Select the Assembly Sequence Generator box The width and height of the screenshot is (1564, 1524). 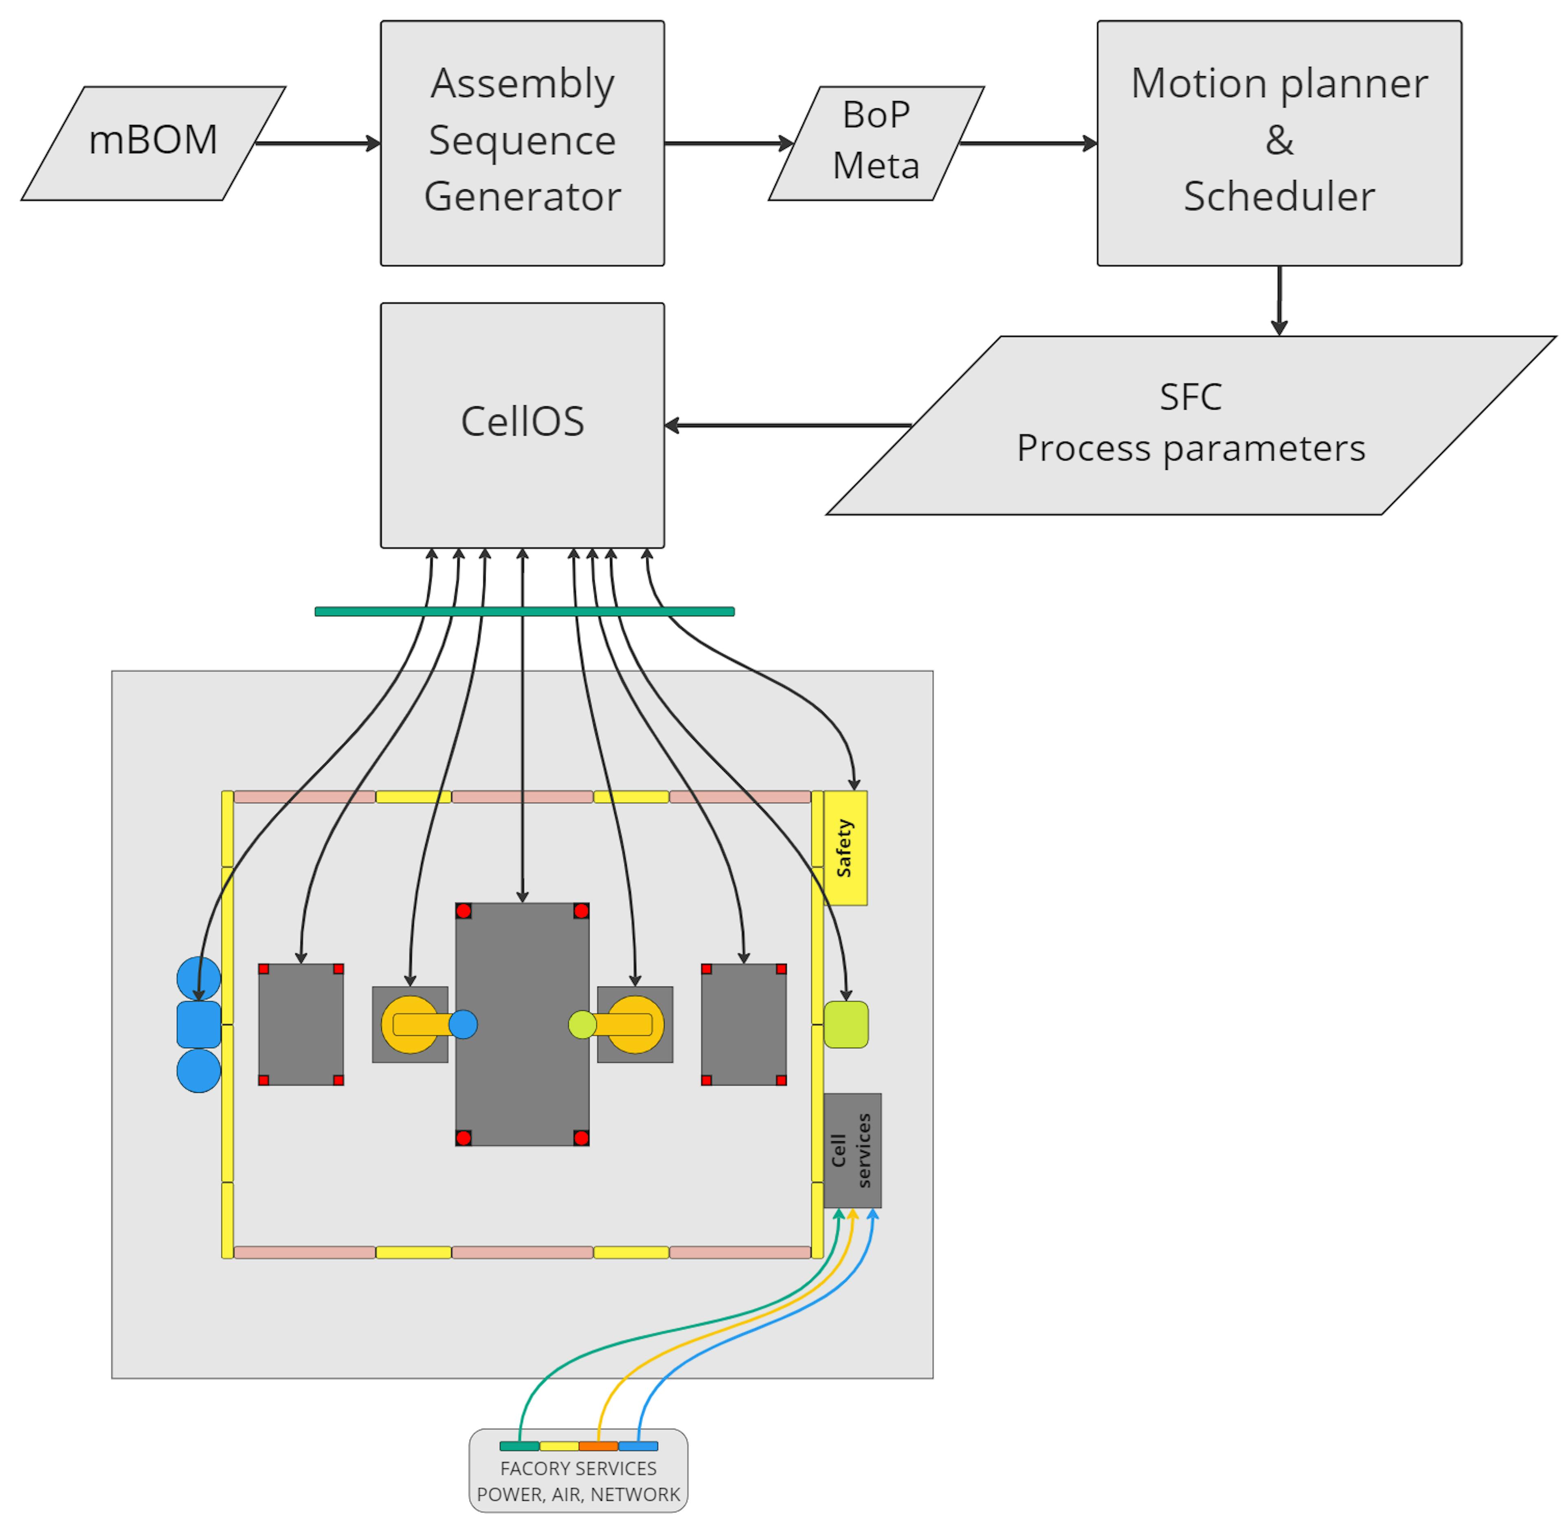click(x=522, y=143)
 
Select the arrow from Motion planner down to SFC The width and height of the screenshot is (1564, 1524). click(x=1279, y=300)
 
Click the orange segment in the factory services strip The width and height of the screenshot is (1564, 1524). click(x=598, y=1445)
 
